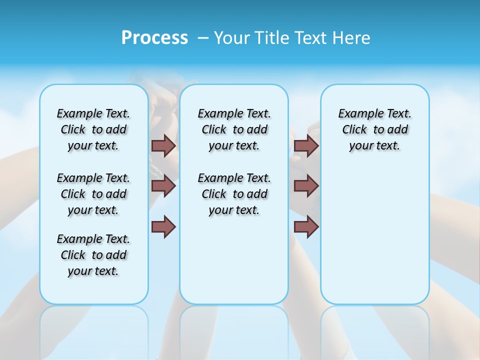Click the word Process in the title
154,38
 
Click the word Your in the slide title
231,38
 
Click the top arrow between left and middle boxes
163,145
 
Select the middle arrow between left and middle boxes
163,186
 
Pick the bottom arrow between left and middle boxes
163,227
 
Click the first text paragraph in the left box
93,129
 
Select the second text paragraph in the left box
93,194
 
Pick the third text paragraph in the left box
93,255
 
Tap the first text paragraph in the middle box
234,129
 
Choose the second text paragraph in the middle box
234,194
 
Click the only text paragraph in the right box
375,129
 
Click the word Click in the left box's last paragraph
73,255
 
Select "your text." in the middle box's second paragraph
234,210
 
